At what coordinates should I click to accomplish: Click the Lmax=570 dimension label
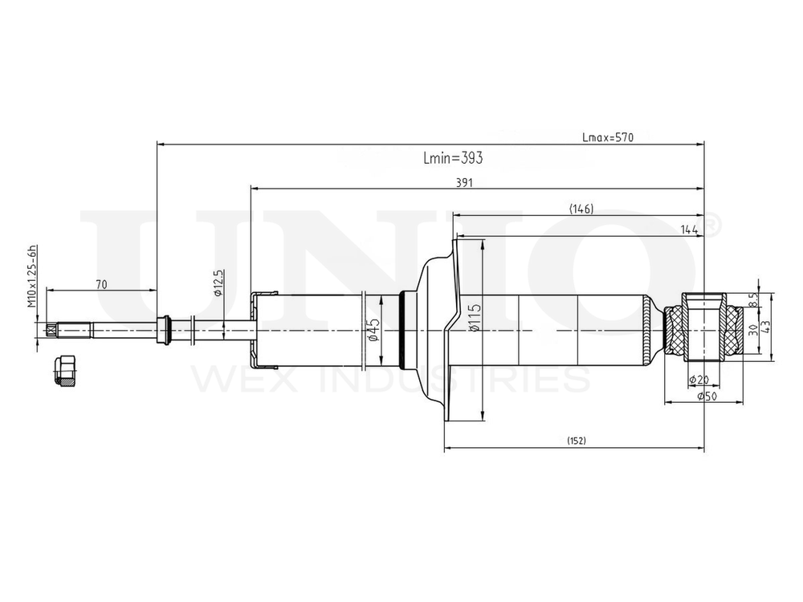coord(608,137)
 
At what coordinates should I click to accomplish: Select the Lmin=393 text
coord(453,157)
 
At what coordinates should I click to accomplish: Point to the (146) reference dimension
coord(581,209)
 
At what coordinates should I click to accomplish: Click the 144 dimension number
coord(689,230)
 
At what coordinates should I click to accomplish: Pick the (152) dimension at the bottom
coord(576,441)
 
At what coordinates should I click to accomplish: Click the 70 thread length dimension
coord(101,284)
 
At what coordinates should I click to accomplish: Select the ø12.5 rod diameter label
coord(218,283)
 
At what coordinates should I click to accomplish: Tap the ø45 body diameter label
coord(373,330)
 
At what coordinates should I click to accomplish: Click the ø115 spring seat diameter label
coord(475,318)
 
